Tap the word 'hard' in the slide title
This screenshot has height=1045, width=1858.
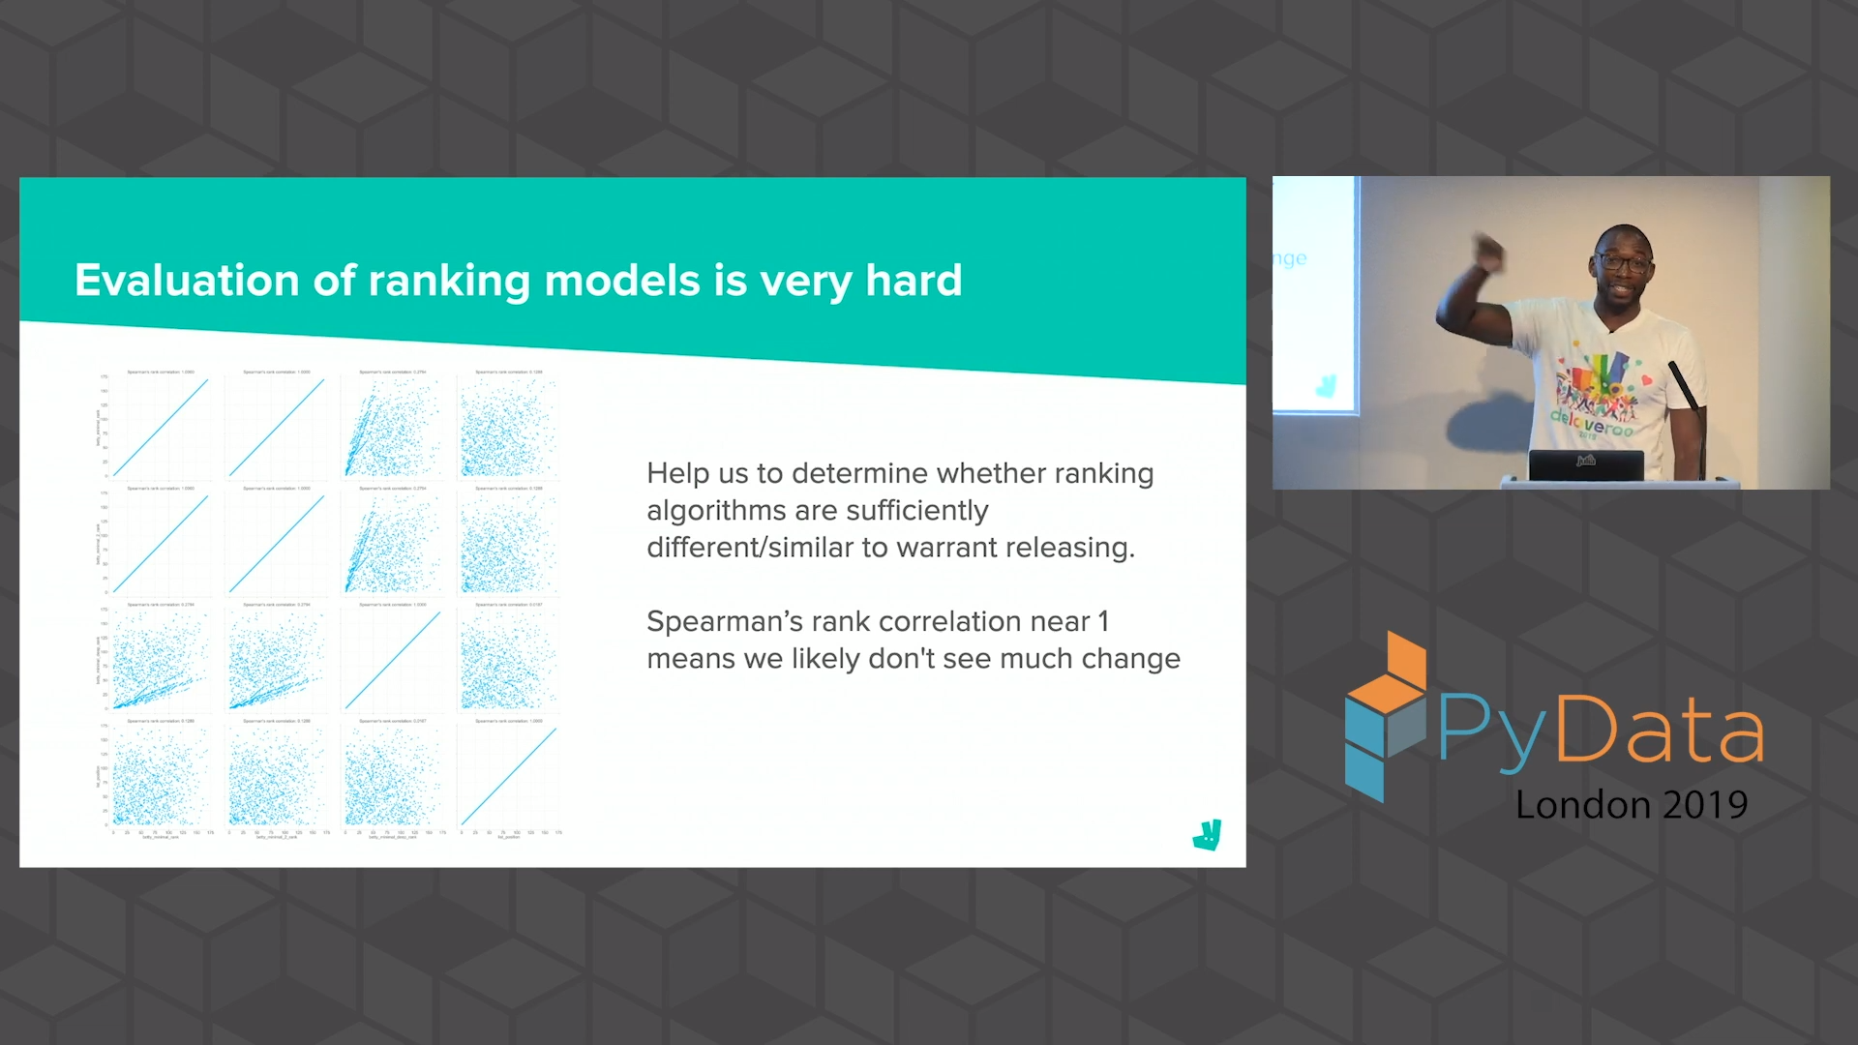click(x=914, y=281)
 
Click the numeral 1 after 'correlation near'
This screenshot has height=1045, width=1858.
click(x=1103, y=621)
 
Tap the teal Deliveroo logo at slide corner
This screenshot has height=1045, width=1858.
click(x=1208, y=834)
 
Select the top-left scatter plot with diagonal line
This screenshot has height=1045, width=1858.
click(x=161, y=427)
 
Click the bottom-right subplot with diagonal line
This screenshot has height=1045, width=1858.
click(x=508, y=776)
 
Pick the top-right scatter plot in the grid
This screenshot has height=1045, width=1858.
click(x=508, y=427)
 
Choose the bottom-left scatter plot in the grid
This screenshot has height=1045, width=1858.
click(x=161, y=776)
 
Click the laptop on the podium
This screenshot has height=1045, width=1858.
click(x=1586, y=465)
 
